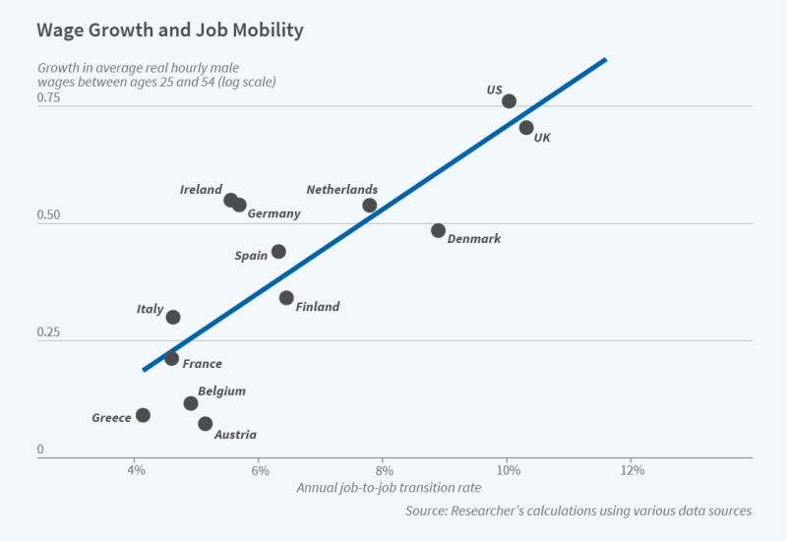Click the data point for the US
[509, 101]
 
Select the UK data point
[526, 128]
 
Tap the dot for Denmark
[438, 230]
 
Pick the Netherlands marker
[370, 206]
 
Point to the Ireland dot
[230, 200]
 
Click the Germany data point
[239, 205]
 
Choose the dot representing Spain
[278, 252]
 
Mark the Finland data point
[286, 298]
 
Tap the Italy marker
[173, 317]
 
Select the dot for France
[171, 359]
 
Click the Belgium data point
[191, 403]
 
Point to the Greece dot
[143, 415]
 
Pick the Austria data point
[205, 424]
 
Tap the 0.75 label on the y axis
[48, 98]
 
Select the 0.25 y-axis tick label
[48, 332]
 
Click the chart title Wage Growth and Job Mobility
[170, 30]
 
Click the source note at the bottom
[578, 511]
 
